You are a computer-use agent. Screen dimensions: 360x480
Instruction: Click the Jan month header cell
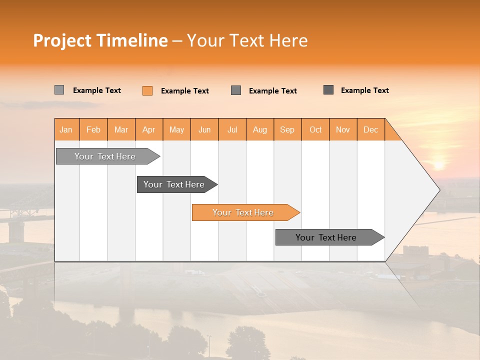pyautogui.click(x=66, y=129)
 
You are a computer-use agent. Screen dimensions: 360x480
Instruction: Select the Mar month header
pyautogui.click(x=121, y=129)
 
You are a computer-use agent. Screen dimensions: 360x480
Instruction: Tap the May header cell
pyautogui.click(x=176, y=129)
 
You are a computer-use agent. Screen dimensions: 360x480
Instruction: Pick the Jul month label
pyautogui.click(x=232, y=129)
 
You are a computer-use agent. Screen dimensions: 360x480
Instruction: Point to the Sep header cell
pyautogui.click(x=287, y=129)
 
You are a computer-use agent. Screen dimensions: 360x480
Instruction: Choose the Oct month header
pyautogui.click(x=315, y=129)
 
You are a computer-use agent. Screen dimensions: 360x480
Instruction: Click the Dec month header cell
pyautogui.click(x=370, y=129)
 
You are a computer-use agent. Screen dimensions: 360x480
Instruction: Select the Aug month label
pyautogui.click(x=259, y=129)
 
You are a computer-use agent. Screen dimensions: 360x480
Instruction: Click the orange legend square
pyautogui.click(x=147, y=90)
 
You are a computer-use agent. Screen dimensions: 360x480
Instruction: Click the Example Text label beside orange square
pyautogui.click(x=184, y=91)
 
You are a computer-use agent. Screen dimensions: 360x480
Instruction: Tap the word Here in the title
pyautogui.click(x=288, y=40)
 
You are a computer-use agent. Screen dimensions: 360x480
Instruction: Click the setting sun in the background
pyautogui.click(x=438, y=164)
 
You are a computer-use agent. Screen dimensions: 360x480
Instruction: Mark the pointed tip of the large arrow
pyautogui.click(x=438, y=190)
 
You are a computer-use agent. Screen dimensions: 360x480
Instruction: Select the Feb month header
pyautogui.click(x=93, y=129)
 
